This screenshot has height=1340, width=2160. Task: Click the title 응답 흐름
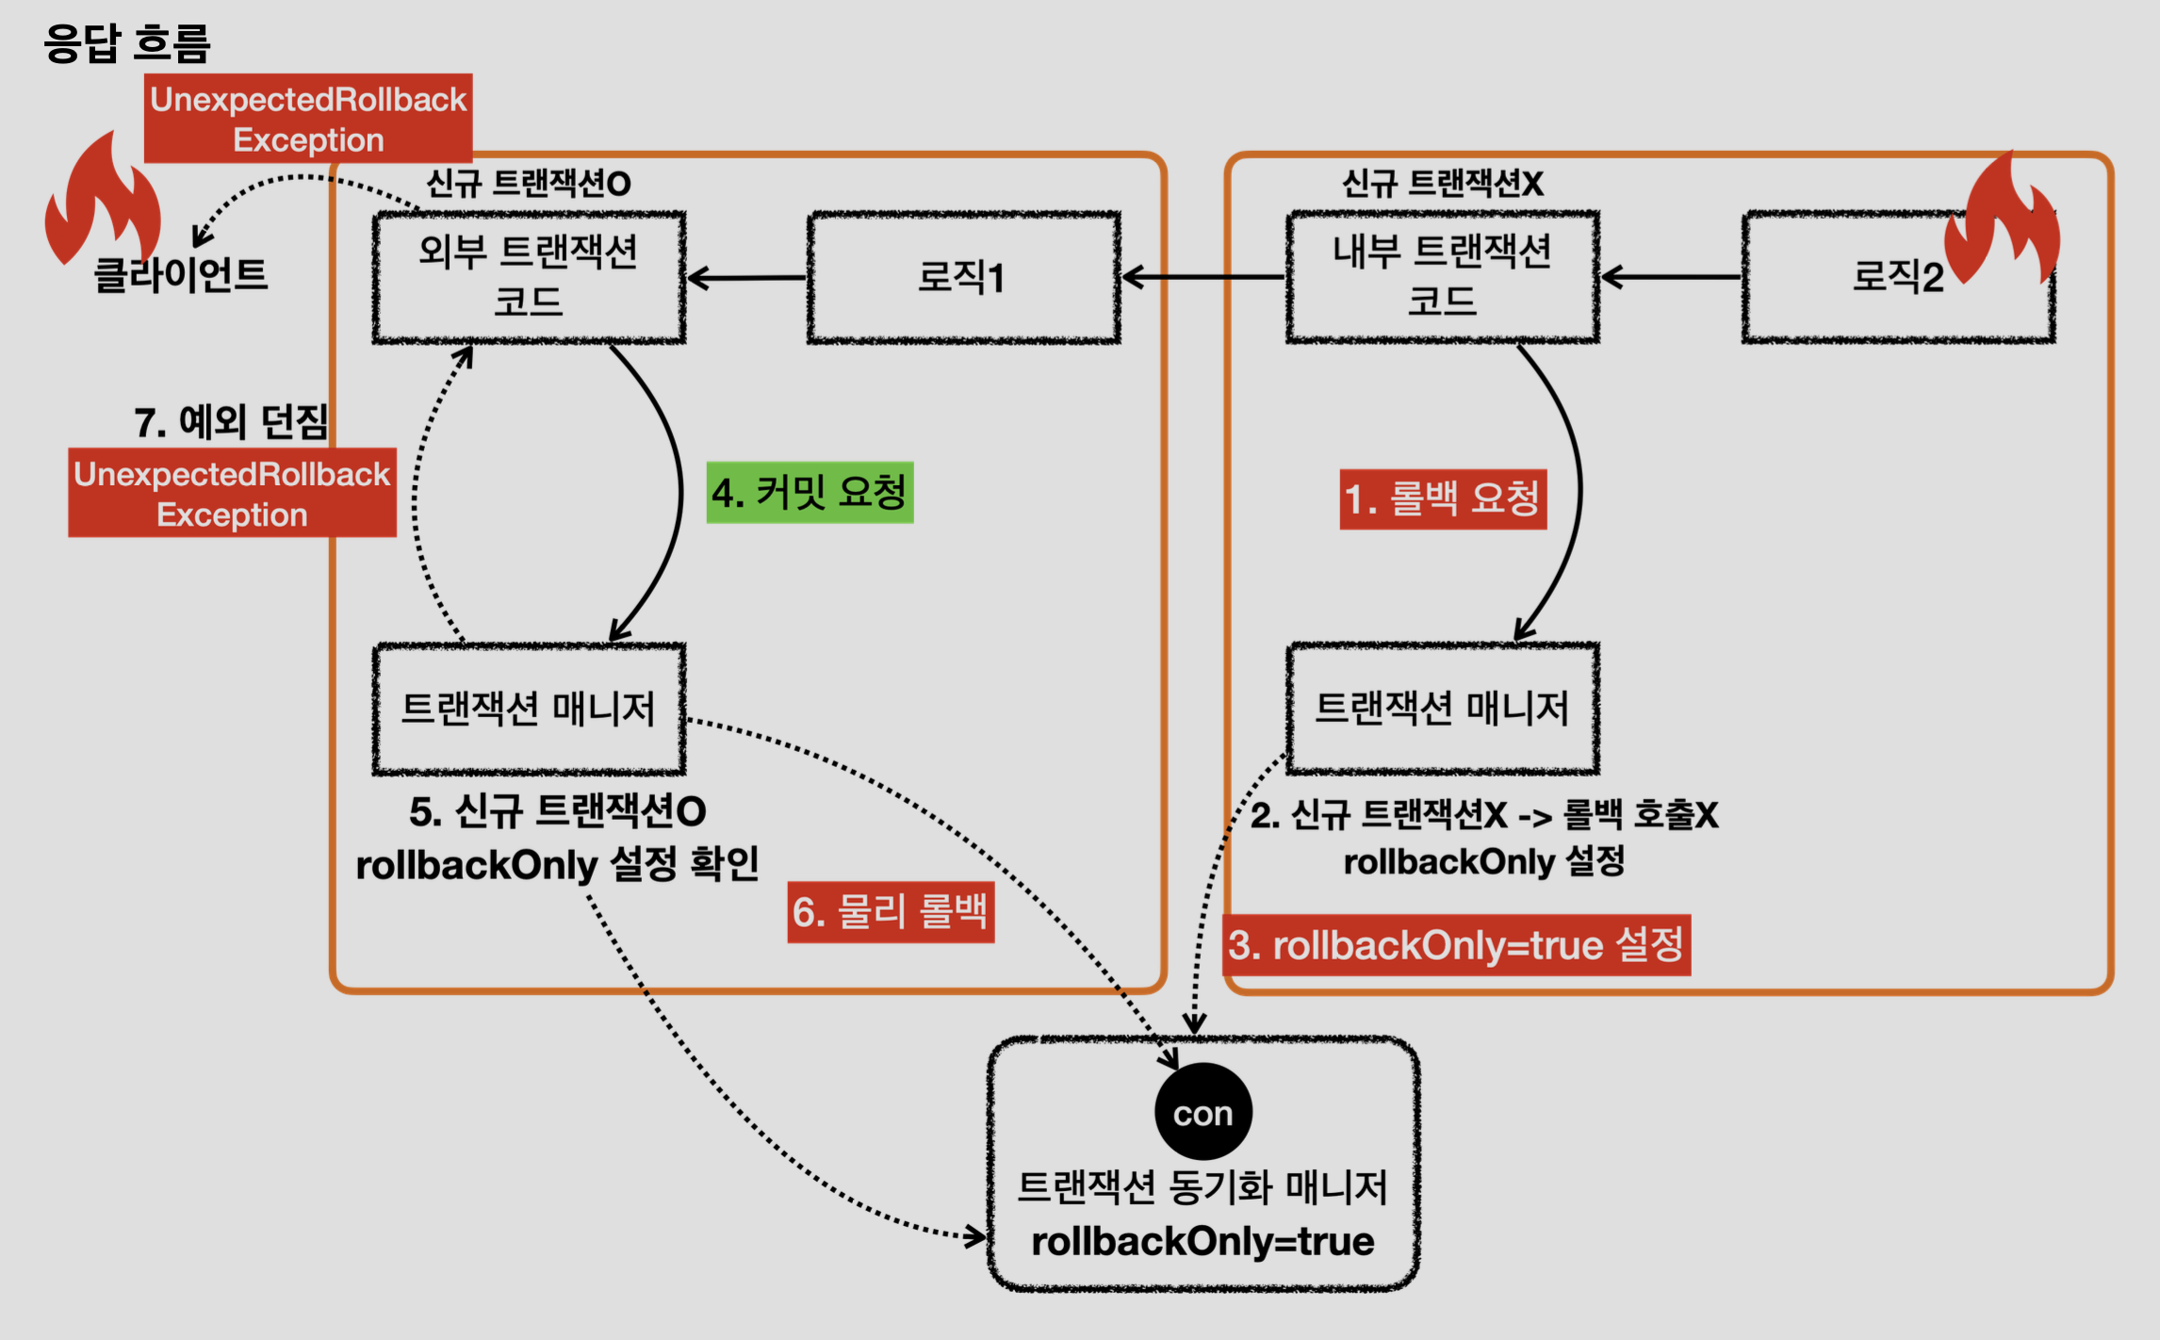[126, 43]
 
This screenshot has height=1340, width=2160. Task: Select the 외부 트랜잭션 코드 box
[529, 277]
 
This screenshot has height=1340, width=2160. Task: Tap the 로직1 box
[962, 277]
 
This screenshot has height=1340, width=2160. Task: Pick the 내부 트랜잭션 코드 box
[1442, 277]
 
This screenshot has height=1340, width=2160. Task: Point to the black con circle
[1203, 1112]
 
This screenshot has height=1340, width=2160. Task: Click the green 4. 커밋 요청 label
[810, 493]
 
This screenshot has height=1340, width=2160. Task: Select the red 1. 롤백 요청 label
[1443, 498]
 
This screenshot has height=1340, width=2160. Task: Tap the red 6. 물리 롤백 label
[891, 912]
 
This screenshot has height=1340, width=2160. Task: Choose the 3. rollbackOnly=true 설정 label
[1456, 945]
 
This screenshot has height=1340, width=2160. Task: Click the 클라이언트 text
[181, 275]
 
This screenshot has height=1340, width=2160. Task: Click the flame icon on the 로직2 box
[2003, 221]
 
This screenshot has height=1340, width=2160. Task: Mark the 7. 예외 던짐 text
[231, 422]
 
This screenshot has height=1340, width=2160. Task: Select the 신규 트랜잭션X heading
[1442, 183]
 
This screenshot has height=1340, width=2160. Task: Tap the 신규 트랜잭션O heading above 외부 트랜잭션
[529, 183]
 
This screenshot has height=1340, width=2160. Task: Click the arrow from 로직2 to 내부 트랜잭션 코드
[1671, 277]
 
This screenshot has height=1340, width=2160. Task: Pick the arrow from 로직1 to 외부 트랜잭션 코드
[746, 278]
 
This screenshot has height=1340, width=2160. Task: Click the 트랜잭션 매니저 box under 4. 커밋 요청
[529, 709]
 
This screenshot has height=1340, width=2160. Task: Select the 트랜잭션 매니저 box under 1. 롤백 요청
[1442, 709]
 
